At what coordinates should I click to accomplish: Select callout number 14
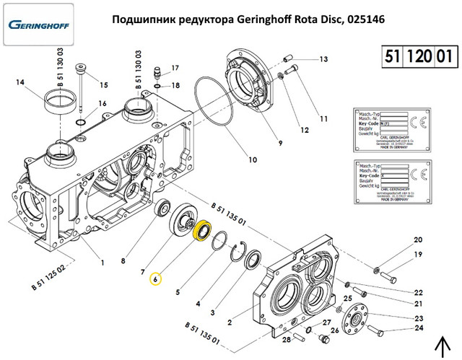(x=20, y=83)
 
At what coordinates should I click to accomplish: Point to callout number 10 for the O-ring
(x=253, y=159)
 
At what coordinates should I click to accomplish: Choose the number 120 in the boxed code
(x=417, y=56)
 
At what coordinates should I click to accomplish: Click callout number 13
(x=323, y=59)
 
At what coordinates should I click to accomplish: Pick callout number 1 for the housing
(x=103, y=261)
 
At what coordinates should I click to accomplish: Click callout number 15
(x=103, y=85)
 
